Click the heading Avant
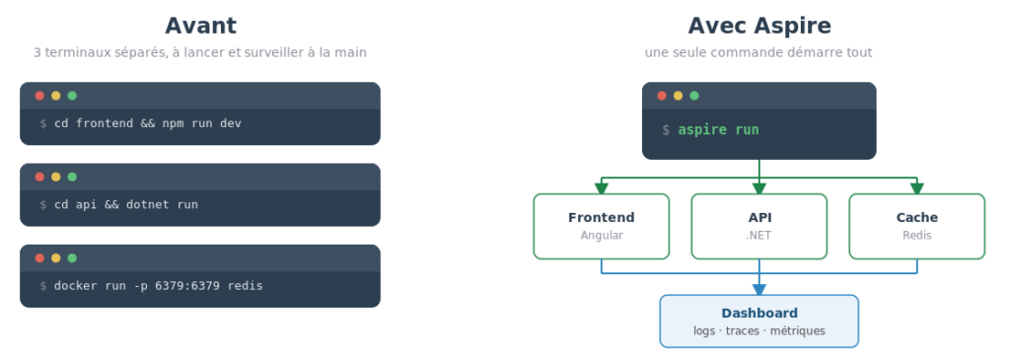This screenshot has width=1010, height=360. point(200,26)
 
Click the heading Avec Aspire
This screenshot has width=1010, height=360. point(759,26)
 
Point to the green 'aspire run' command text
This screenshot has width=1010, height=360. point(718,130)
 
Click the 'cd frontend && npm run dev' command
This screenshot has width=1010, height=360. point(148,123)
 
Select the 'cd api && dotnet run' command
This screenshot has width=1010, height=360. point(126,204)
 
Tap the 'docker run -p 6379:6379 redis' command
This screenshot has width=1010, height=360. point(159,285)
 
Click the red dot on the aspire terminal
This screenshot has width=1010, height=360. point(662,96)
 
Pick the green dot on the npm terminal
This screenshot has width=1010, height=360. point(72,96)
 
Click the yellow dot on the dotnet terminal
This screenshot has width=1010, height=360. point(56,178)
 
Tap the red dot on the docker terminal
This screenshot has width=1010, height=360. point(39,258)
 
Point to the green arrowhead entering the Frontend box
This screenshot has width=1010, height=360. point(602,188)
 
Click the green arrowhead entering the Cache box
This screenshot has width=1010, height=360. point(916,188)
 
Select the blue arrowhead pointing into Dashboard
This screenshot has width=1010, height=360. point(758,289)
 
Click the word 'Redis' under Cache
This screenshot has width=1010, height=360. point(916,235)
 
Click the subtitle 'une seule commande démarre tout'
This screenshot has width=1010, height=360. point(758,52)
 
